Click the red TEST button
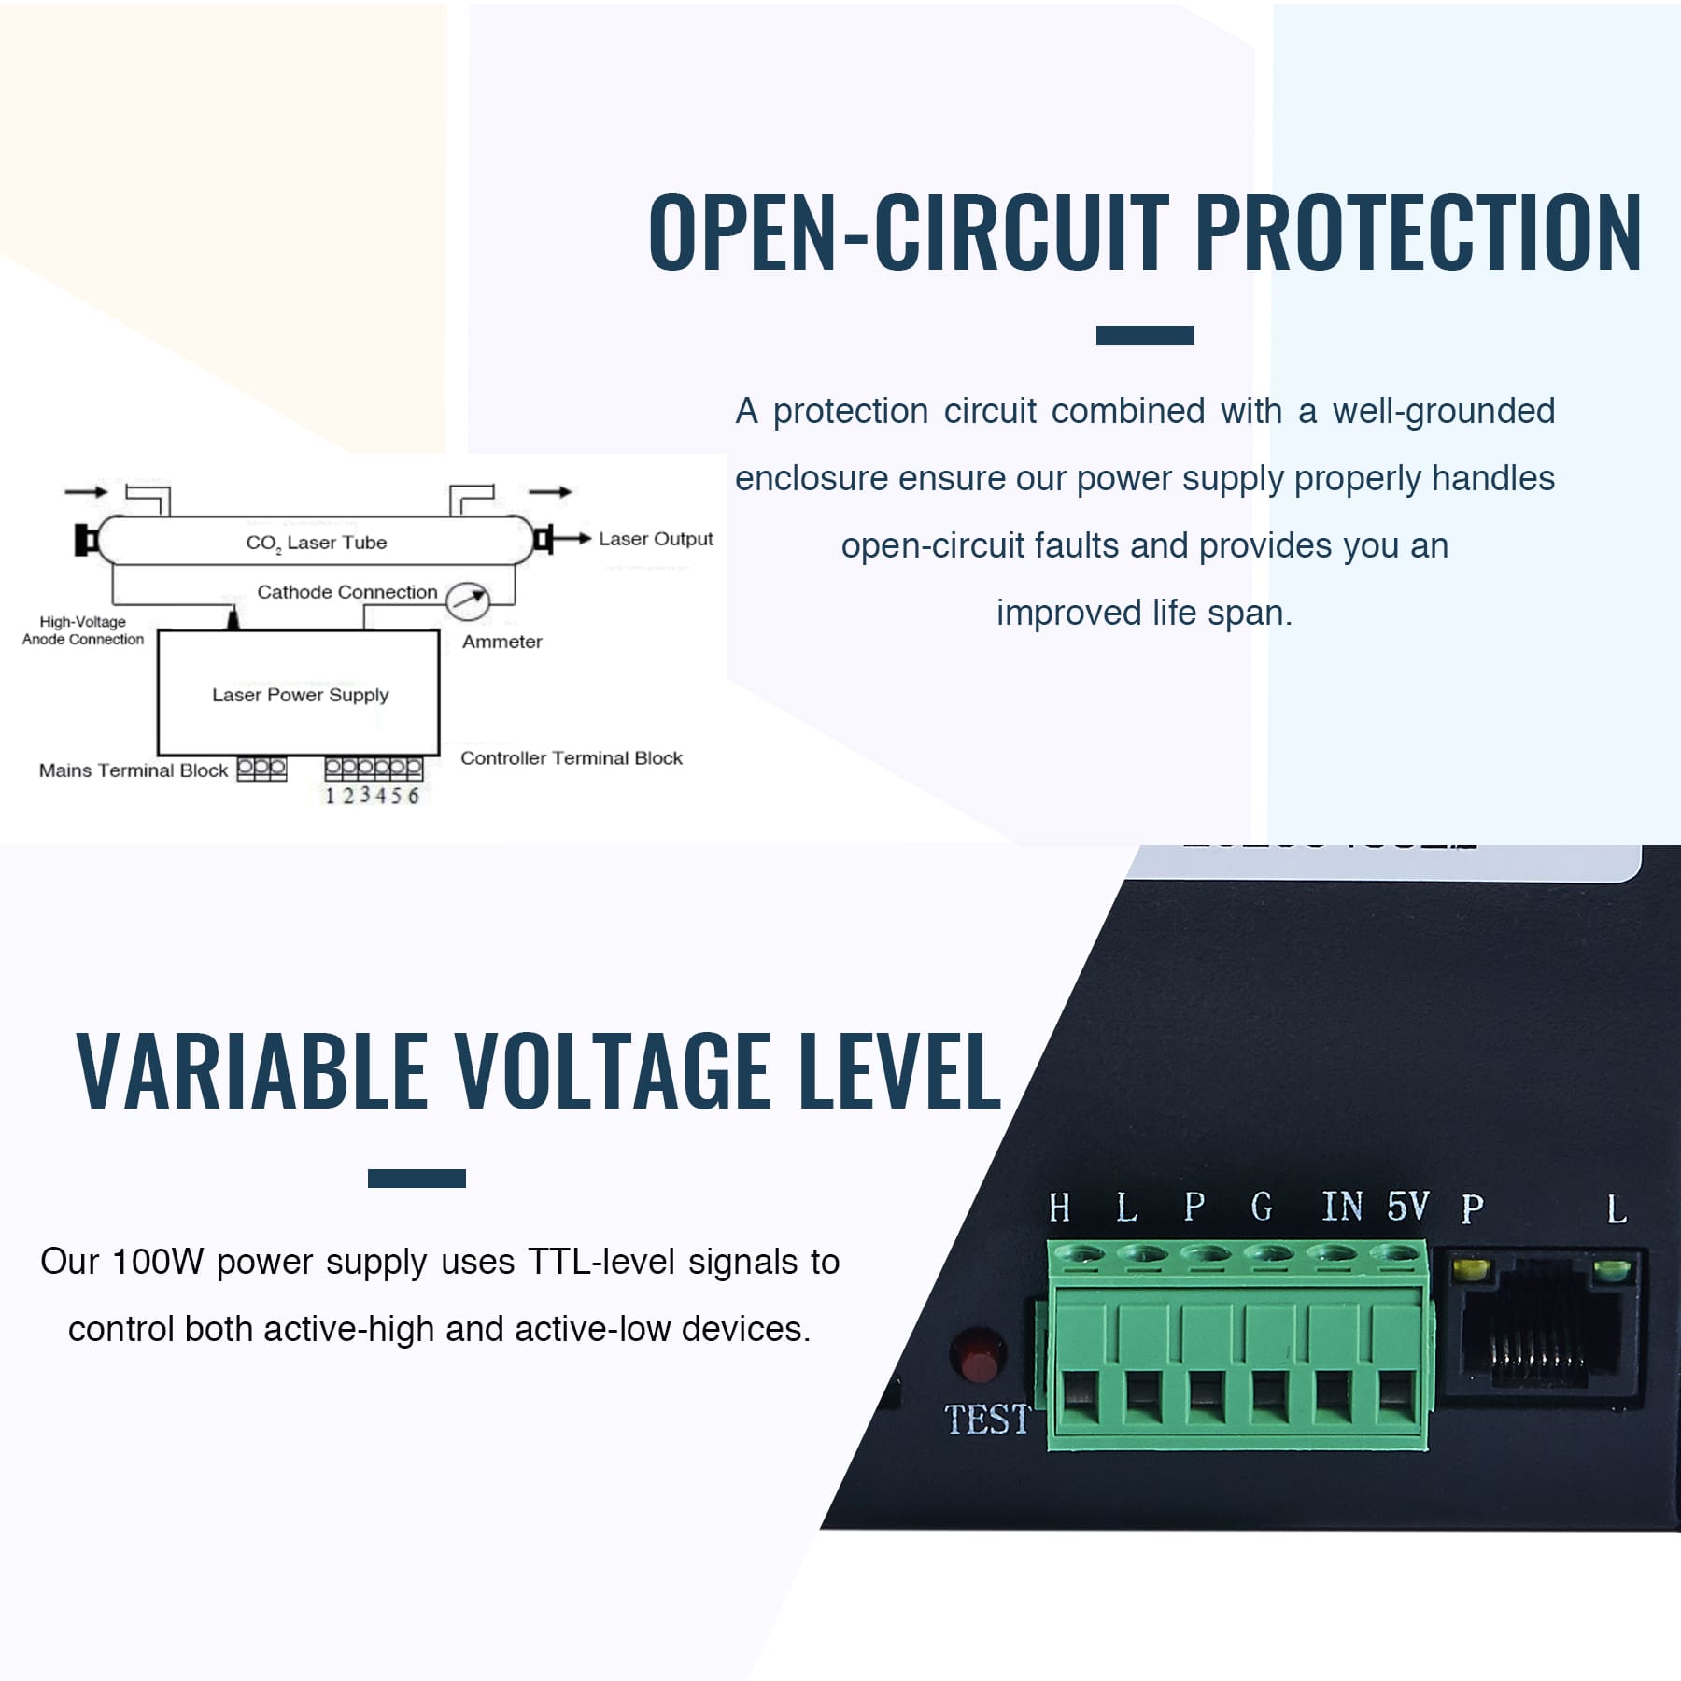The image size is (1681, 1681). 977,1355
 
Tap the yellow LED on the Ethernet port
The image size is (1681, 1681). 1470,1271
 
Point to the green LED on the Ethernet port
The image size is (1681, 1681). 1612,1271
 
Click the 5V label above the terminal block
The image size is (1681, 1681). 1407,1207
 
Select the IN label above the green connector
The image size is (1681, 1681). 1342,1207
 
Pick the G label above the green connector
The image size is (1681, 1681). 1262,1208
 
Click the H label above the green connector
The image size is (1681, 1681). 1059,1208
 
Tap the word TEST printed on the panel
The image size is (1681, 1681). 986,1420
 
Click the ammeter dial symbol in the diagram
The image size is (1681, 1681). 467,600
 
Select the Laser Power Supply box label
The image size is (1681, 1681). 300,695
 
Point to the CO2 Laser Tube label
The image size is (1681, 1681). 316,543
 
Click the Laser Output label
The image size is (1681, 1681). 656,539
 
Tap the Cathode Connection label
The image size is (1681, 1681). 346,592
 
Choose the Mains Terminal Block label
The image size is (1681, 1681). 134,770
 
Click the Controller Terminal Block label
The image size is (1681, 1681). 571,758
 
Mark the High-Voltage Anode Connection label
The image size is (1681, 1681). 83,630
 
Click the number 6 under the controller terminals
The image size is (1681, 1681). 413,796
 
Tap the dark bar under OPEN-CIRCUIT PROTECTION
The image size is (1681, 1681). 1144,335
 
